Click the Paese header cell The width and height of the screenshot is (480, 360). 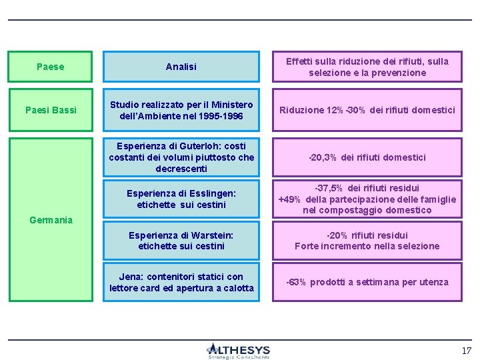pos(51,67)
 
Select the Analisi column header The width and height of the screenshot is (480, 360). pos(181,67)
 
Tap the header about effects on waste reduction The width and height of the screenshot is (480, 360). pos(367,67)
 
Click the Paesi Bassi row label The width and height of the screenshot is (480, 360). pos(51,110)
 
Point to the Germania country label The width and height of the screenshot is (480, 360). pos(51,220)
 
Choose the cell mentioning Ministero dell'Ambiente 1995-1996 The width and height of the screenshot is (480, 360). pos(181,110)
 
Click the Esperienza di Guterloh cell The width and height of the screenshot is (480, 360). pos(181,157)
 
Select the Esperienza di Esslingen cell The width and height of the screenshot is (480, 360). pos(181,199)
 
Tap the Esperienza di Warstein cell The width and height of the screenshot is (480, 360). pos(181,240)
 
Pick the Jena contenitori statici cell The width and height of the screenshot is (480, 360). pos(181,282)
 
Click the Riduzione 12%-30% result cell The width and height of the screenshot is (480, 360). pos(367,110)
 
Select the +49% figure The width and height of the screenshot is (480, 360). pos(290,199)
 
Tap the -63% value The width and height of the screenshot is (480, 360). pos(296,282)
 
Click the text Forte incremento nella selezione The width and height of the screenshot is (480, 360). pos(367,246)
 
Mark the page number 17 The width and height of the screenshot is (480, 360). pos(466,351)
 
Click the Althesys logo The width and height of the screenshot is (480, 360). pos(238,351)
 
